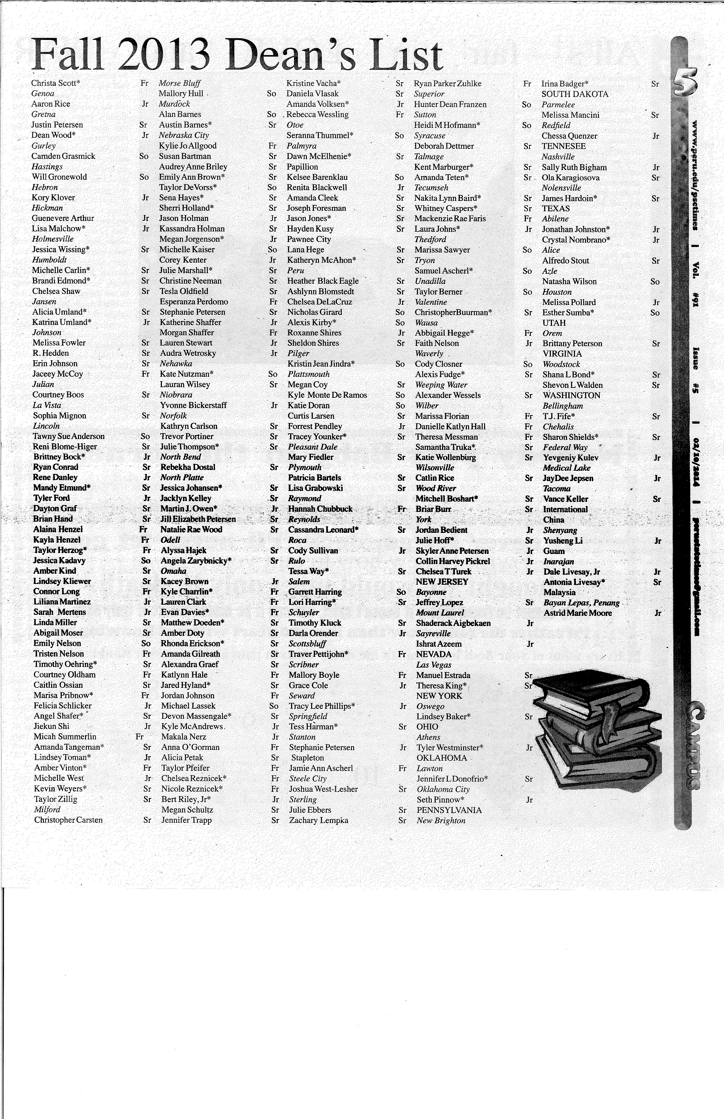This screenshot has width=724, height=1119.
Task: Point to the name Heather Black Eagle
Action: pyautogui.click(x=323, y=281)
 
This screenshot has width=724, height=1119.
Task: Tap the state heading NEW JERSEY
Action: pyautogui.click(x=442, y=582)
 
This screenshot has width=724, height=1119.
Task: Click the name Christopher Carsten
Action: pyautogui.click(x=68, y=820)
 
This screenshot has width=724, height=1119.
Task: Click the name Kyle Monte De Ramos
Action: pyautogui.click(x=327, y=395)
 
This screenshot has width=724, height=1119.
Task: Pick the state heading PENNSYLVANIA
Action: pyautogui.click(x=449, y=810)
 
